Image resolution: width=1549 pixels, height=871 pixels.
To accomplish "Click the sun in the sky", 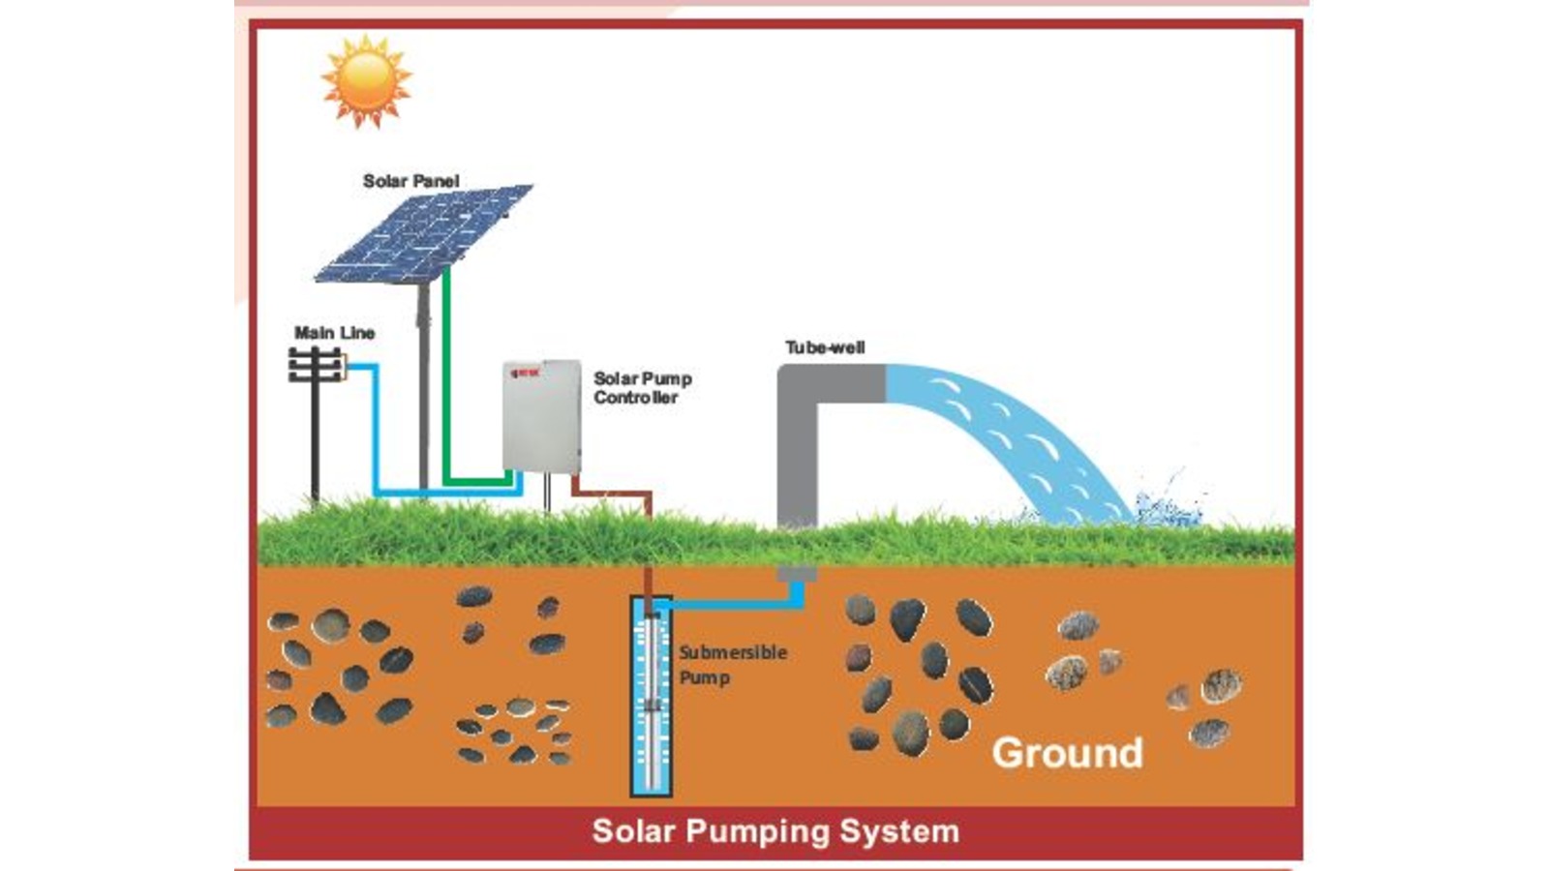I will [366, 81].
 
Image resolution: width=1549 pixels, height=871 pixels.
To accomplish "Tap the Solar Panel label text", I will [410, 181].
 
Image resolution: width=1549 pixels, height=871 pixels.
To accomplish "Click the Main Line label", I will [334, 333].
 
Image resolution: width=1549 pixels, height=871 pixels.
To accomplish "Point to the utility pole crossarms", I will [315, 366].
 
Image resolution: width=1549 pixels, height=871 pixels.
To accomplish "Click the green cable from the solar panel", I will [446, 387].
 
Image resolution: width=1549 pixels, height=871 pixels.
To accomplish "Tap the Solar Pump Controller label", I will [641, 388].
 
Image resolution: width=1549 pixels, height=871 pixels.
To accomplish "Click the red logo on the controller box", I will [524, 372].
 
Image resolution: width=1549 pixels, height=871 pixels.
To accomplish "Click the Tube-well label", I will [825, 347].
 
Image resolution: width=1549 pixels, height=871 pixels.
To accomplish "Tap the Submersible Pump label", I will [732, 665].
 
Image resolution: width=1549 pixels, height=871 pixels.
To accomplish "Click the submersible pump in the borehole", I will [651, 697].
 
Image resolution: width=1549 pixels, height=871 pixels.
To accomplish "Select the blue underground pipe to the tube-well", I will [736, 606].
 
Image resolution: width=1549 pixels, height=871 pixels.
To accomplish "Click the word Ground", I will [1067, 753].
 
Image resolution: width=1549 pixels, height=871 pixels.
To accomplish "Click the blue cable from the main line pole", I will [376, 435].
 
